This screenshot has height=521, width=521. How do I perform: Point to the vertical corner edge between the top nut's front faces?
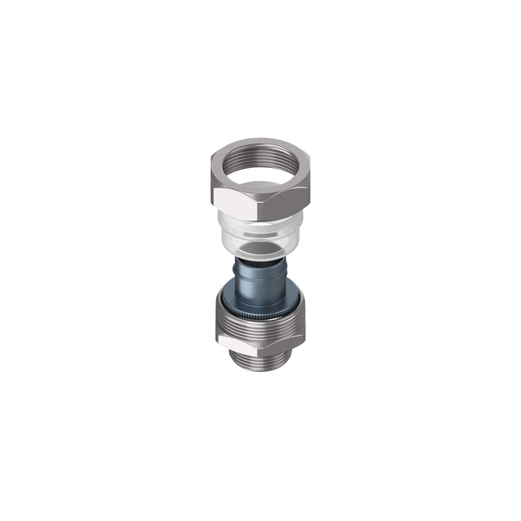pos(260,202)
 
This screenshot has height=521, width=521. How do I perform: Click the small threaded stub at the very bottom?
pos(260,359)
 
